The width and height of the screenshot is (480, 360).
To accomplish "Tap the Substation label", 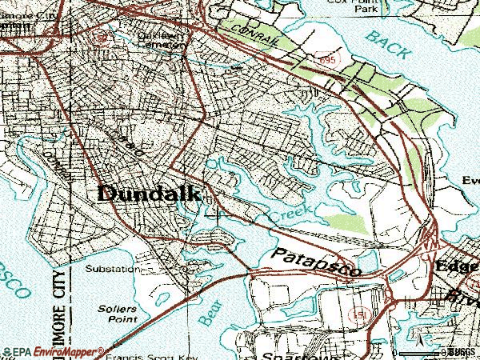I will (111, 269).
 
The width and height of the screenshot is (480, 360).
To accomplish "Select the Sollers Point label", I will (112, 313).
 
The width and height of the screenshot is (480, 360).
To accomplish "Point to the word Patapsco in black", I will (315, 262).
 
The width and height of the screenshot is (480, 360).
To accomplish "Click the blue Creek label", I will (290, 214).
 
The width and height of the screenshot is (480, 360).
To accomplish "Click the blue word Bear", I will (208, 313).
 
